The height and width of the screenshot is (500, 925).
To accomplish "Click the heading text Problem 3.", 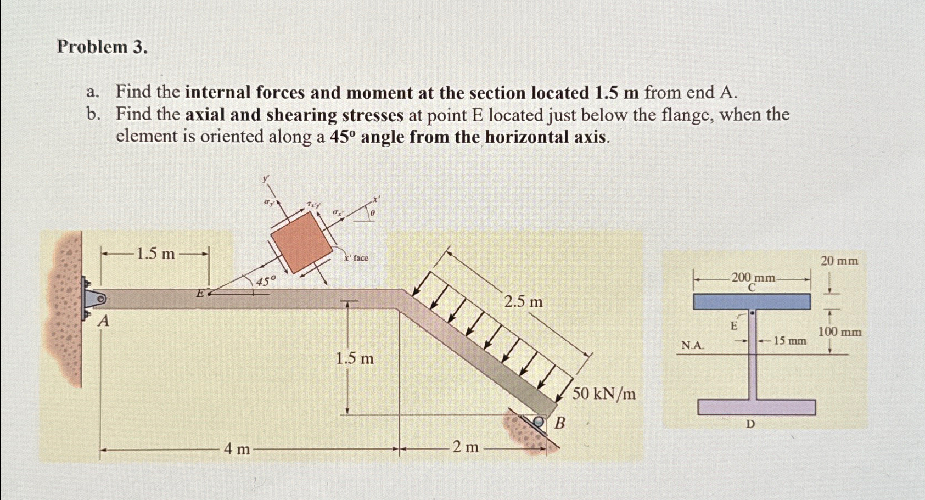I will tap(102, 47).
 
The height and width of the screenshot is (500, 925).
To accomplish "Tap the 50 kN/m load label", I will tap(604, 394).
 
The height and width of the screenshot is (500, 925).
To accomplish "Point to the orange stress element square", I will tap(301, 242).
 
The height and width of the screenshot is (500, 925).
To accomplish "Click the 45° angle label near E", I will tap(265, 282).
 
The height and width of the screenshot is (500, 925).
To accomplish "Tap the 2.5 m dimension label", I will tap(523, 302).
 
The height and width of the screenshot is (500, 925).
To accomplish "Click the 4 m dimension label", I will tap(237, 449).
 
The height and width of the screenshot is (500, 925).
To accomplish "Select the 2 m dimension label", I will tap(466, 447).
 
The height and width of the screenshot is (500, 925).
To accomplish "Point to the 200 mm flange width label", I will tap(753, 278).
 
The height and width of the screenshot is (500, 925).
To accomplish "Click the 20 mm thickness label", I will tap(839, 261).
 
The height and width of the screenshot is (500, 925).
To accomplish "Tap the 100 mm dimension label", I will tap(839, 332).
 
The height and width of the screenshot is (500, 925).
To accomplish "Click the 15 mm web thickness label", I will tap(789, 341).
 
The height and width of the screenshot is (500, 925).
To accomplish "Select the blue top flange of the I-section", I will tap(752, 301).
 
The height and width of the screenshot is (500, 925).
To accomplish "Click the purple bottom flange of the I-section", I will tap(756, 407).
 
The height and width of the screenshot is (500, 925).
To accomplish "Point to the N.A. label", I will tap(692, 345).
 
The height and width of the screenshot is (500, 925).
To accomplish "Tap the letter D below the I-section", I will tap(750, 424).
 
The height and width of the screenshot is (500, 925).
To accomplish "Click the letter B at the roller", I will tap(560, 423).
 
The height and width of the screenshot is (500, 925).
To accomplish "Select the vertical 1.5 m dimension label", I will tap(355, 359).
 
